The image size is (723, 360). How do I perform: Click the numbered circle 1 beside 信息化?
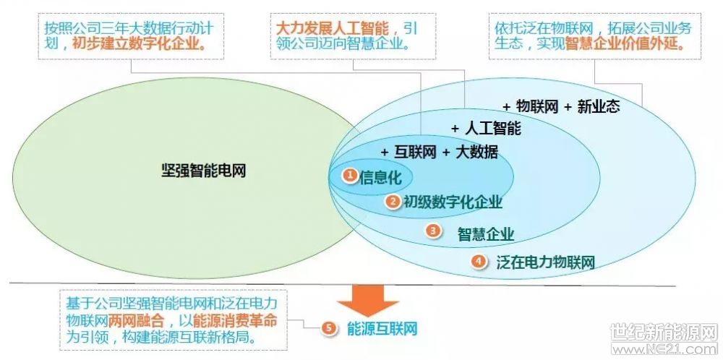click(x=349, y=175)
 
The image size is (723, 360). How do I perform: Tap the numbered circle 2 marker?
click(x=393, y=201)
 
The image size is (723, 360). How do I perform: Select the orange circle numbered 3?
click(x=432, y=231)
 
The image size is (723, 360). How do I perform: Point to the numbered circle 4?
click(x=479, y=262)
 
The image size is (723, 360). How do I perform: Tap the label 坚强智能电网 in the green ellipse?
click(x=203, y=171)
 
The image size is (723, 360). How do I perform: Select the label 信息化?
click(x=380, y=176)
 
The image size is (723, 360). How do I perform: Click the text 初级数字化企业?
click(x=453, y=202)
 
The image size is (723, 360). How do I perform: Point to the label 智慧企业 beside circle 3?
click(x=486, y=233)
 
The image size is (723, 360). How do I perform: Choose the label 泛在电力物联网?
click(x=545, y=262)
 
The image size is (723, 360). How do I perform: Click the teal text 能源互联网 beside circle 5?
click(x=382, y=329)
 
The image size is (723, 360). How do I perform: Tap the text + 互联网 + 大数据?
click(x=440, y=152)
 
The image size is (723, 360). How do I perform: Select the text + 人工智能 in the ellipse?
click(x=486, y=128)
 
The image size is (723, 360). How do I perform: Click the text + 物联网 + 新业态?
click(x=561, y=106)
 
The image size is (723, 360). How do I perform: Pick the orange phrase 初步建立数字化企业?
click(x=139, y=44)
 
